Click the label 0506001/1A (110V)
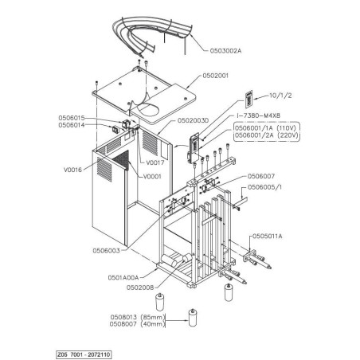click(264, 127)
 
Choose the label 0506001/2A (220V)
click(264, 135)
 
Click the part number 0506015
click(74, 118)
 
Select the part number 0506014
click(74, 125)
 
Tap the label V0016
click(73, 169)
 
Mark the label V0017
click(154, 162)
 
